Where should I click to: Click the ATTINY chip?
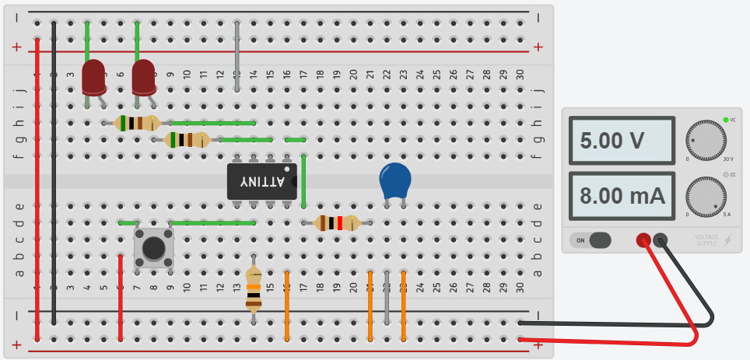pyautogui.click(x=262, y=180)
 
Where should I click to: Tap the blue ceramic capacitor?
pyautogui.click(x=396, y=181)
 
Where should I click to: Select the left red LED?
pyautogui.click(x=94, y=77)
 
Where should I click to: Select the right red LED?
pyautogui.click(x=143, y=79)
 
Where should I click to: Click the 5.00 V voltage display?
pyautogui.click(x=621, y=142)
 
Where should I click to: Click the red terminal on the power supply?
pyautogui.click(x=643, y=240)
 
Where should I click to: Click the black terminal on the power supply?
pyautogui.click(x=661, y=240)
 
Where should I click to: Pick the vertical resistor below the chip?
pyautogui.click(x=254, y=288)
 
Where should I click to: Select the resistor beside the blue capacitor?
pyautogui.click(x=337, y=223)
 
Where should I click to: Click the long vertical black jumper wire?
pyautogui.click(x=53, y=171)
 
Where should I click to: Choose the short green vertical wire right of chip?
pyautogui.click(x=303, y=181)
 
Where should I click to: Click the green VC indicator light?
pyautogui.click(x=725, y=120)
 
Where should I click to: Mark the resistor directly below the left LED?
pyautogui.click(x=137, y=123)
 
